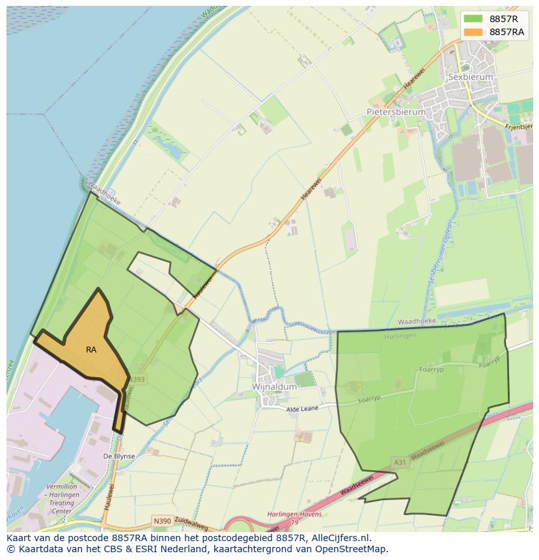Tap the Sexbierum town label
pos(471,77)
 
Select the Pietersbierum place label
pos(396,112)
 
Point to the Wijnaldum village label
pos(274,386)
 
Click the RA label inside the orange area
pos(91,350)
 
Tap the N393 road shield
pos(138,379)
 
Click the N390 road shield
pos(162,521)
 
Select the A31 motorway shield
pos(400,462)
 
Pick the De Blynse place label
pos(119,457)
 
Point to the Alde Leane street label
pos(303,409)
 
